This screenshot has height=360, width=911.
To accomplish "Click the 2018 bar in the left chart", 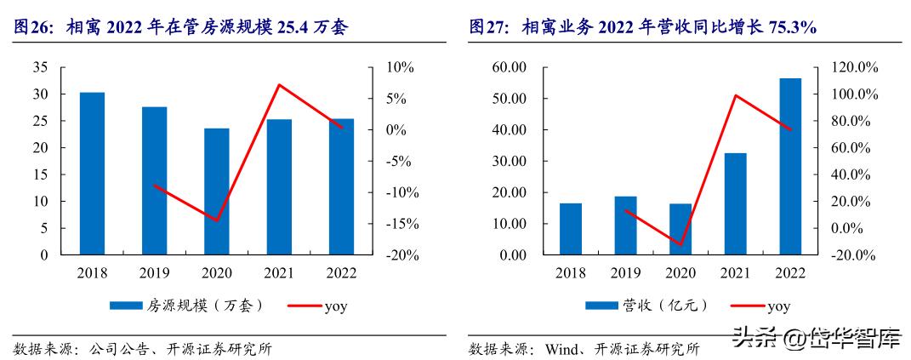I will click(92, 174).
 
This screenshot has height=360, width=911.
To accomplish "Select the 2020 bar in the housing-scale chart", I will click(217, 191).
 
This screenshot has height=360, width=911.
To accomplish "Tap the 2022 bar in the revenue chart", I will click(790, 167).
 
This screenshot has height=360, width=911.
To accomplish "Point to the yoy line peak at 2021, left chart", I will click(279, 84).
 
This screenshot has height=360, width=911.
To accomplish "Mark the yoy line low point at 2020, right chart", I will click(680, 245).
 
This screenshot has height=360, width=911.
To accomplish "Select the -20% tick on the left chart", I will click(396, 255).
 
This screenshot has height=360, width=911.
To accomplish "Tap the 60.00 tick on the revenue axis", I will click(509, 67).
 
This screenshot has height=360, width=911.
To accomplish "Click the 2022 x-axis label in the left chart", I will click(341, 273).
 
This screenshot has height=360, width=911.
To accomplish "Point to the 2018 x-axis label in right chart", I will click(571, 273).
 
